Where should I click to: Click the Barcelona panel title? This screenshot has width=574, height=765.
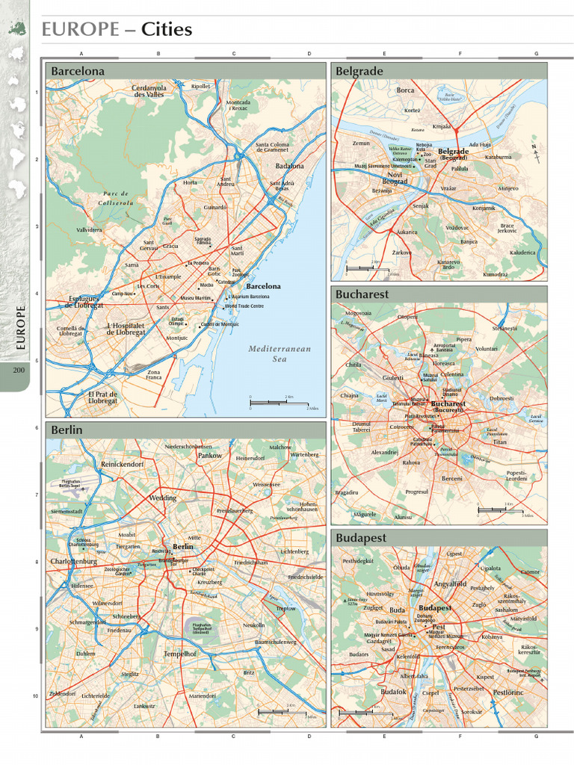(x=78, y=71)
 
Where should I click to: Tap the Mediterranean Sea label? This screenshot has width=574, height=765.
(x=279, y=353)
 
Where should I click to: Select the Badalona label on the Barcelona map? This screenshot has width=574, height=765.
(x=290, y=166)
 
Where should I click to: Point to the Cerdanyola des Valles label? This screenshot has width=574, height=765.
(x=149, y=91)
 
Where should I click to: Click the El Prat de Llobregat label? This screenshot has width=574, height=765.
(x=103, y=397)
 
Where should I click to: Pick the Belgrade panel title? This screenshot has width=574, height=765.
(x=359, y=71)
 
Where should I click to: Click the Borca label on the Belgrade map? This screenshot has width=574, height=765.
(x=405, y=90)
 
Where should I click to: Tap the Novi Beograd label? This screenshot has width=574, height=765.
(x=395, y=177)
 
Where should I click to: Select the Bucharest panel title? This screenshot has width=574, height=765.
(x=362, y=294)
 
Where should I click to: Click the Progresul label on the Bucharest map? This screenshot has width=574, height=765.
(x=417, y=492)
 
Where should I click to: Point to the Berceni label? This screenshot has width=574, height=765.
(x=451, y=478)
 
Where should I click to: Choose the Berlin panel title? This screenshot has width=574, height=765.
(x=67, y=430)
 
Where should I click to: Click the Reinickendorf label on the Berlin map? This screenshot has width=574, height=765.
(x=121, y=465)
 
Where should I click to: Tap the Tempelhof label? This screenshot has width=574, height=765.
(x=179, y=654)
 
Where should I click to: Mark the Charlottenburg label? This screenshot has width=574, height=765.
(x=74, y=561)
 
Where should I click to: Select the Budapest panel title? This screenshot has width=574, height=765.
(x=362, y=538)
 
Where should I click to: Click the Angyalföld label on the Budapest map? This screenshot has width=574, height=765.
(x=450, y=583)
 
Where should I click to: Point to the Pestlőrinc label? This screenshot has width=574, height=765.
(x=509, y=693)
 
